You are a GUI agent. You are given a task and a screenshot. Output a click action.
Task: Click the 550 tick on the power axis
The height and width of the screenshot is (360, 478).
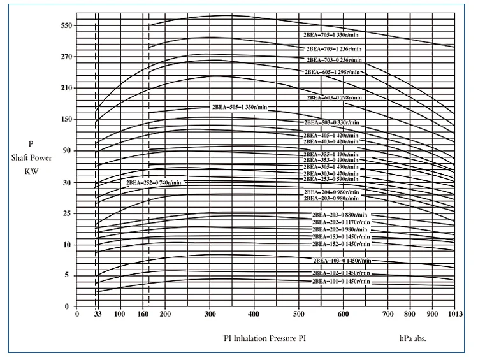point(67,25)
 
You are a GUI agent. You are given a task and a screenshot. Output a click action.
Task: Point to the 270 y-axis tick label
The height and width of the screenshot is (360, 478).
point(67,57)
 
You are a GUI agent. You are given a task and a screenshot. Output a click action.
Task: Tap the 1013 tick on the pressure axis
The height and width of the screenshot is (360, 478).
point(454,314)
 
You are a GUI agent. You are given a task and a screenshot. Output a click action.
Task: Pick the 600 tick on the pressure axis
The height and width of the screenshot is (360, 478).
point(343,314)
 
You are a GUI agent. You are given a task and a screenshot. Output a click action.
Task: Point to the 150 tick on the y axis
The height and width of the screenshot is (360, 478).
point(67,119)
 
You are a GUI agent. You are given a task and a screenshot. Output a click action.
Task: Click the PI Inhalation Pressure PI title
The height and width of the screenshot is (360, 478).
point(264,338)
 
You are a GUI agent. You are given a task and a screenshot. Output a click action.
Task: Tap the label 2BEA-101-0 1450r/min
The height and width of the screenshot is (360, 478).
point(340,281)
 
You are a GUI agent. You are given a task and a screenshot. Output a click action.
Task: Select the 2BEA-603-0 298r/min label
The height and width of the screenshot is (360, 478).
point(335,97)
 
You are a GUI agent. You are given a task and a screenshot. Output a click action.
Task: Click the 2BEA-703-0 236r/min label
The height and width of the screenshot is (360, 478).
point(335,60)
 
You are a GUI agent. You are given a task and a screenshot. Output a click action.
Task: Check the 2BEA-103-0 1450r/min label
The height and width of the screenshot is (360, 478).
point(342,261)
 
